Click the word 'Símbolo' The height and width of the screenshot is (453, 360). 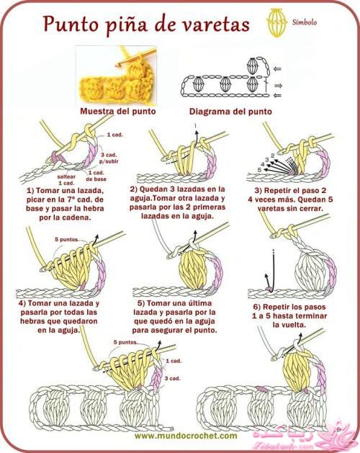305,22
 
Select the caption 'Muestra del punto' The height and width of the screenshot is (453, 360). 118,111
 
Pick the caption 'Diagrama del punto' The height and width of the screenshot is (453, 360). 230,112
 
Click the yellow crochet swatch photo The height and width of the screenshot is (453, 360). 116,75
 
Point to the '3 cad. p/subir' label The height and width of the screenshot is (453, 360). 109,158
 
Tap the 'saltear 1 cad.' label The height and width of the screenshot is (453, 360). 66,180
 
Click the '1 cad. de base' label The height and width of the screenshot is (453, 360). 96,176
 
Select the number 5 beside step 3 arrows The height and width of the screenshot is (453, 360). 259,169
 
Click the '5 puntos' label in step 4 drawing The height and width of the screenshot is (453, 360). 66,239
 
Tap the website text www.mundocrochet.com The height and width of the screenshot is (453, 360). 186,436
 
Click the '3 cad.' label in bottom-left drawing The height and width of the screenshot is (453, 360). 173,378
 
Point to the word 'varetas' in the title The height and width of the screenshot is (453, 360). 217,24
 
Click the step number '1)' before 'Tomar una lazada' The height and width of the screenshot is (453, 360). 31,191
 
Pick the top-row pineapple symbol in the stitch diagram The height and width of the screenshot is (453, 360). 252,66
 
